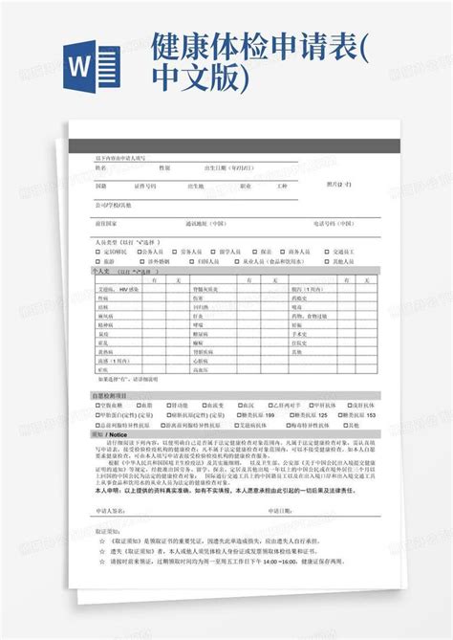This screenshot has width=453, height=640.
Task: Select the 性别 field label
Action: pyautogui.click(x=163, y=166)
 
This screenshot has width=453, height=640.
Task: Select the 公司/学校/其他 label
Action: pyautogui.click(x=114, y=204)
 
